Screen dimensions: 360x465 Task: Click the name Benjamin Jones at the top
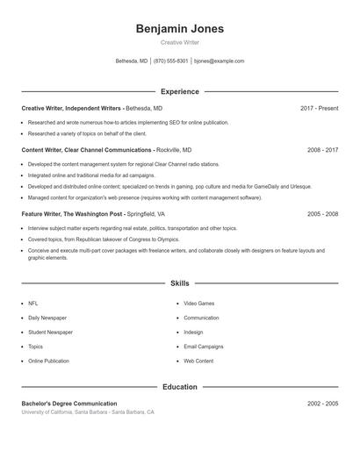click(x=179, y=29)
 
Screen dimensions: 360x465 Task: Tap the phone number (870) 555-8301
click(x=171, y=61)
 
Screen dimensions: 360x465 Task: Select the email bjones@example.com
click(x=219, y=61)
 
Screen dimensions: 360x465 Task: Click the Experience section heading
click(x=179, y=91)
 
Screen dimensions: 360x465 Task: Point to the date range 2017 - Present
click(x=319, y=108)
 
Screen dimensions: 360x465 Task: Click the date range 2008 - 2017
click(x=322, y=150)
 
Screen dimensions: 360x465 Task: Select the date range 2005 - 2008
click(x=322, y=213)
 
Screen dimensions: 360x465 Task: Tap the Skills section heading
click(x=179, y=284)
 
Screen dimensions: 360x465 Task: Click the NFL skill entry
click(x=33, y=303)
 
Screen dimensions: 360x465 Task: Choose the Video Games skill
click(x=198, y=303)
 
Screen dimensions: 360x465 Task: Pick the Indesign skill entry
click(x=194, y=333)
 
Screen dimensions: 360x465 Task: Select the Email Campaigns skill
click(x=204, y=347)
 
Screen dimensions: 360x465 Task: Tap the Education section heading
click(x=179, y=386)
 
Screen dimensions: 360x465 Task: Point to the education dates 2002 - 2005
click(x=322, y=403)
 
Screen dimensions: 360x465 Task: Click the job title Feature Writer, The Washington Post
click(x=72, y=213)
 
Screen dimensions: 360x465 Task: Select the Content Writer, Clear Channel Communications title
click(x=87, y=150)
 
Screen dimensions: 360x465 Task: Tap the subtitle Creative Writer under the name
click(x=179, y=42)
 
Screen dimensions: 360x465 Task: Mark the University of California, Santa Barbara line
click(x=88, y=411)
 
